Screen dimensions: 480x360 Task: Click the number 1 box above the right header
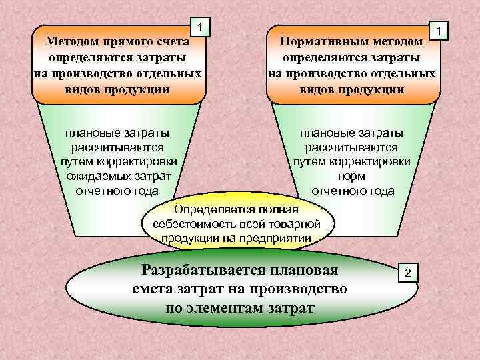(x=439, y=31)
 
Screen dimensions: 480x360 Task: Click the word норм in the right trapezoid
(x=353, y=177)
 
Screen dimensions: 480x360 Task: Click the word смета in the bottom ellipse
(x=157, y=289)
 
